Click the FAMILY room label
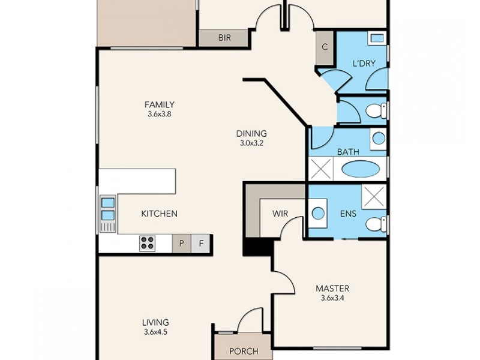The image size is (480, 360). pyautogui.click(x=159, y=104)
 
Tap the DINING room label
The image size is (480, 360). pyautogui.click(x=251, y=134)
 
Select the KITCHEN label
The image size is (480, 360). pyautogui.click(x=159, y=214)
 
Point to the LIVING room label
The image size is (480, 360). pyautogui.click(x=155, y=322)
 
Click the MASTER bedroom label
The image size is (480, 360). pyautogui.click(x=332, y=289)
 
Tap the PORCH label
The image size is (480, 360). pyautogui.click(x=244, y=351)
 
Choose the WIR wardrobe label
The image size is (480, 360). pyautogui.click(x=280, y=213)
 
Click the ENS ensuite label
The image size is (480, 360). pyautogui.click(x=349, y=213)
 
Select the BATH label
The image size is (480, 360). pyautogui.click(x=348, y=152)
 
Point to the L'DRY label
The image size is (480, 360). pyautogui.click(x=364, y=63)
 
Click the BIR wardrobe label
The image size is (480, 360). pyautogui.click(x=224, y=38)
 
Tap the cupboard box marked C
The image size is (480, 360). pyautogui.click(x=325, y=47)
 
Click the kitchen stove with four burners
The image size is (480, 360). pyautogui.click(x=148, y=243)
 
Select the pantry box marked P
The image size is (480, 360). pyautogui.click(x=181, y=243)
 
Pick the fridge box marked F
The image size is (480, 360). pyautogui.click(x=202, y=243)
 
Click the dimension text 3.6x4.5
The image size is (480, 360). pyautogui.click(x=155, y=332)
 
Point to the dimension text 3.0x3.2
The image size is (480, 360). pyautogui.click(x=251, y=143)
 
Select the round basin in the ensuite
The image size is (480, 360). pyautogui.click(x=318, y=213)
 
